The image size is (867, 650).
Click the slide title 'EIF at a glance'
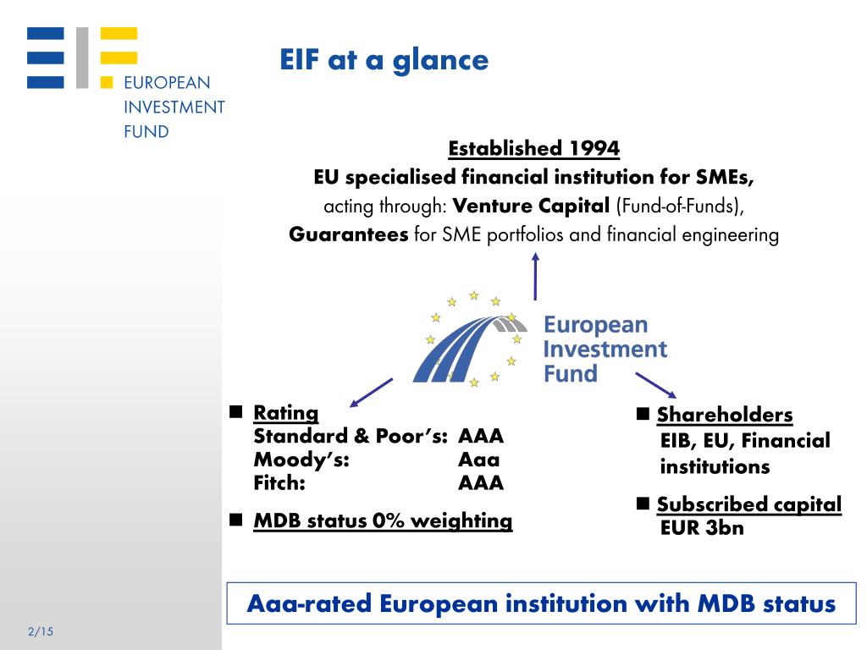click(x=384, y=60)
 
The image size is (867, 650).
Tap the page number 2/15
click(x=41, y=631)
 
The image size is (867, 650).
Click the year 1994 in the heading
click(x=594, y=148)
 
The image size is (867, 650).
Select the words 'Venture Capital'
click(x=531, y=206)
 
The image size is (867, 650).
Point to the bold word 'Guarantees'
click(x=348, y=234)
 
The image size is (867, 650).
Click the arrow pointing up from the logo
click(x=535, y=277)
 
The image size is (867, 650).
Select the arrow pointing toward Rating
click(x=371, y=393)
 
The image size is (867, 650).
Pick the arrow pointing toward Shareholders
click(x=656, y=385)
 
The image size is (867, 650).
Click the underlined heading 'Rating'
click(x=286, y=413)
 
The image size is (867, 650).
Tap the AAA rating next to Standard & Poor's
click(x=481, y=436)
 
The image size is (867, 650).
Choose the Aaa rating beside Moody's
click(x=479, y=460)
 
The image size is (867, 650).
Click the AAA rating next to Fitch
click(x=481, y=483)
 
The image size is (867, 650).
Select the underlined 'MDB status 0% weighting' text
click(x=383, y=521)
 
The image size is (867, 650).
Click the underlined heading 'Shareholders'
click(x=725, y=415)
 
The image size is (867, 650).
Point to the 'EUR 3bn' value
click(x=702, y=528)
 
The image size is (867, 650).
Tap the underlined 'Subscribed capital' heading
click(x=749, y=504)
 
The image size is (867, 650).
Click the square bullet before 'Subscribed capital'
click(x=643, y=503)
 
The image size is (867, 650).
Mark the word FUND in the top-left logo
click(x=146, y=131)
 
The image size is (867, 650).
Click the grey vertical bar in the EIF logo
click(x=82, y=58)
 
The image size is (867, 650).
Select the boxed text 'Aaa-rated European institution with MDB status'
click(x=541, y=603)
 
